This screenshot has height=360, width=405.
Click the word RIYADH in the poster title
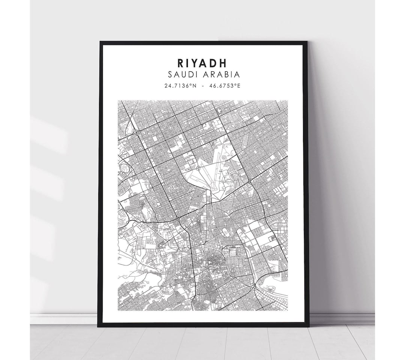tap(203, 62)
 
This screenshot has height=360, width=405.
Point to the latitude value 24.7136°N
tap(180, 86)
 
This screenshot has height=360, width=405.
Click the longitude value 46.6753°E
tap(225, 86)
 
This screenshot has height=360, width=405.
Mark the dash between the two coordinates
tap(203, 86)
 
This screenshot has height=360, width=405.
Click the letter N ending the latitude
tap(195, 86)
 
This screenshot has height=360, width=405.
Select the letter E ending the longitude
tap(239, 86)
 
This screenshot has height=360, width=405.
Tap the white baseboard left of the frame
tap(64, 319)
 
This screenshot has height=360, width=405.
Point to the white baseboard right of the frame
tap(341, 319)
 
